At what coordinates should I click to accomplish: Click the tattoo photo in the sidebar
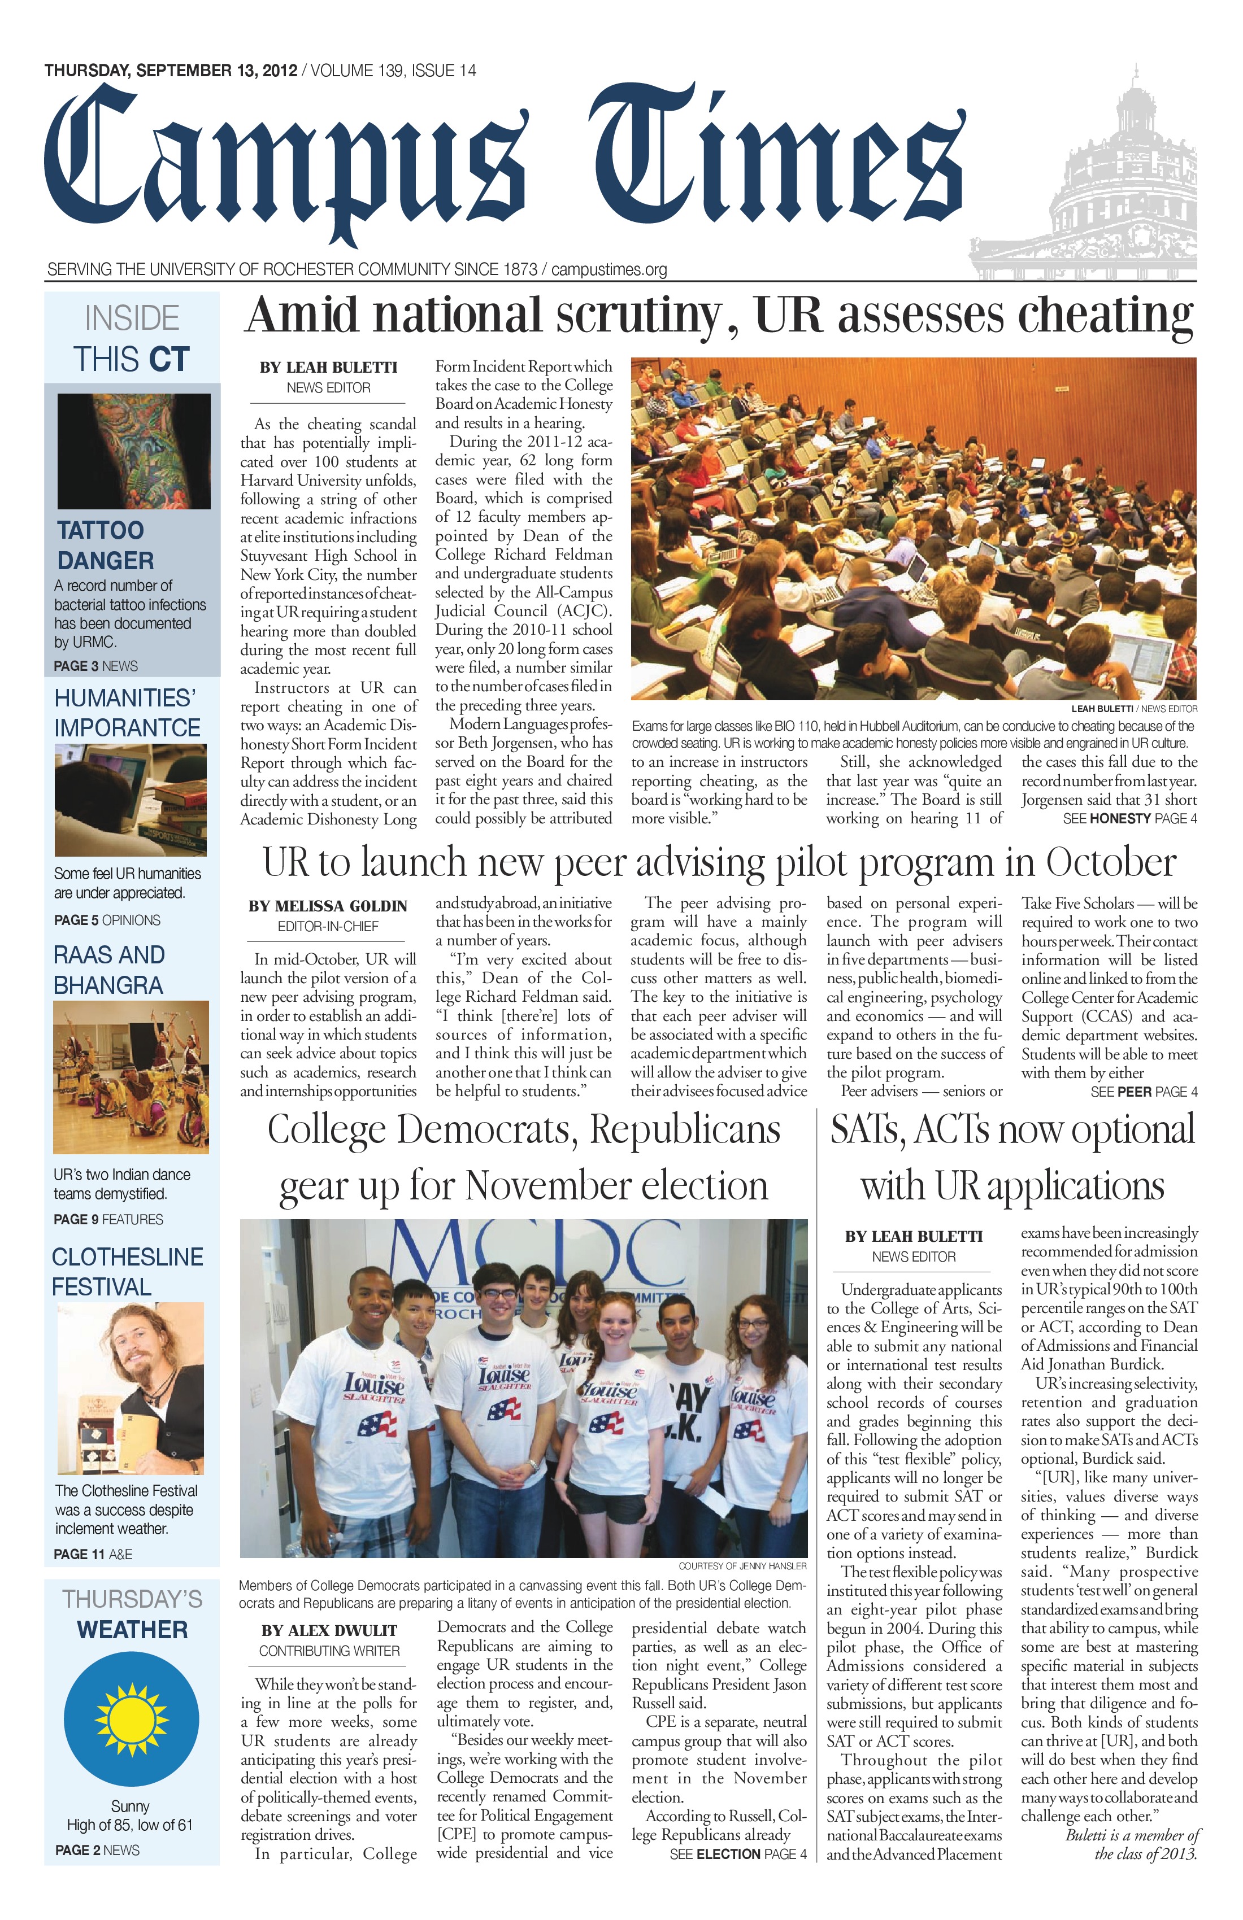(134, 451)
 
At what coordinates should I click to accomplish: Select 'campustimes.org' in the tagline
(610, 269)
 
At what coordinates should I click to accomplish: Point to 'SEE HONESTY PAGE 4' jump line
(1130, 819)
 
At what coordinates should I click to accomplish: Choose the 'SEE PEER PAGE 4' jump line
(1144, 1092)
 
